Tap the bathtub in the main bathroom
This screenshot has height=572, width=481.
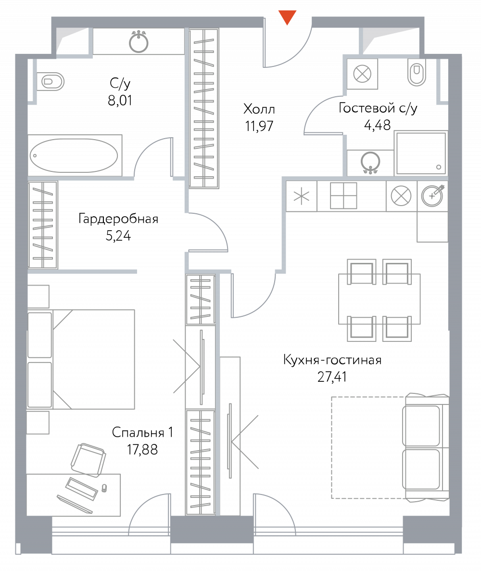74,156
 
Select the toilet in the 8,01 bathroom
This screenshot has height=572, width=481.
51,81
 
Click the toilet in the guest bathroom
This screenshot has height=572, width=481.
417,74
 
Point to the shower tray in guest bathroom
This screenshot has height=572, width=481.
421,153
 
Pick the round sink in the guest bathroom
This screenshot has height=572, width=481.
370,161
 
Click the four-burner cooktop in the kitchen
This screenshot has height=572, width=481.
343,196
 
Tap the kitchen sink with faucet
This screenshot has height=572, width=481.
432,195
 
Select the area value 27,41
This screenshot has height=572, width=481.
332,377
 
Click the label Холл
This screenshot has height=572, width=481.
259,109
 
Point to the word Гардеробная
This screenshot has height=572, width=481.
118,219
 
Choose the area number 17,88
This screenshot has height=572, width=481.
142,449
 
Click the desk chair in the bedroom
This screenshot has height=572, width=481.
88,460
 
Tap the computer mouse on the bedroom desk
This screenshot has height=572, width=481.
104,488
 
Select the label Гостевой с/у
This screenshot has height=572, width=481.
378,108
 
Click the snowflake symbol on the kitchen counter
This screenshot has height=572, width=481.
302,196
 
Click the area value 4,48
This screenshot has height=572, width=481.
378,125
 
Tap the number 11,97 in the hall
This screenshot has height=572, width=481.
259,126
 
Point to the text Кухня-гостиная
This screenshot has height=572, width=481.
332,360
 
